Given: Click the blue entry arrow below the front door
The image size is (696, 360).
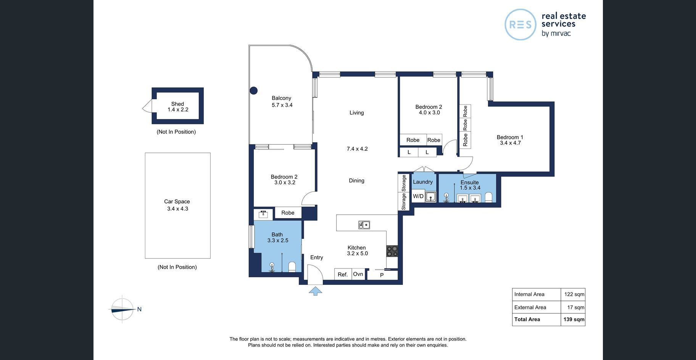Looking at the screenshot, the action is [x=315, y=291].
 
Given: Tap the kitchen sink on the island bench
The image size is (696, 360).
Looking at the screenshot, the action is [x=364, y=225].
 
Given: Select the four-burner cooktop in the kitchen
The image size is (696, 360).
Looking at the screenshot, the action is [x=392, y=251].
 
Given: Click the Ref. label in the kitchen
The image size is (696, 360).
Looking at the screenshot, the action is [x=343, y=275].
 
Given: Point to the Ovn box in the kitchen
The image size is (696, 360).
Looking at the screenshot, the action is [x=358, y=274].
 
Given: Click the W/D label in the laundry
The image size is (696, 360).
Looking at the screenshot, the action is [x=418, y=196].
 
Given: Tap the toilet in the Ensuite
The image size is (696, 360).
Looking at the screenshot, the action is [x=488, y=197].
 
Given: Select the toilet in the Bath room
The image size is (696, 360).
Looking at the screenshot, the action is [x=292, y=267].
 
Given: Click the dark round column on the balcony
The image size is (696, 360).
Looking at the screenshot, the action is [x=253, y=90].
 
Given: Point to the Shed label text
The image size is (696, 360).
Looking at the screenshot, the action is [x=177, y=104].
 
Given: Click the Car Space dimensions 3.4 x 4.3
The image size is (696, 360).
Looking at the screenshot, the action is [x=177, y=209].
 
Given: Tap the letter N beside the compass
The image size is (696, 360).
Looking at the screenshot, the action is [x=139, y=309].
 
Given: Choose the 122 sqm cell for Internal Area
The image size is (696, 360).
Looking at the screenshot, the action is [x=574, y=294].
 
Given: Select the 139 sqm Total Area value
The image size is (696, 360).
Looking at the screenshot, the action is [x=574, y=320].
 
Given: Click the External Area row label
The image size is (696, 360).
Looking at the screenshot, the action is [x=530, y=307].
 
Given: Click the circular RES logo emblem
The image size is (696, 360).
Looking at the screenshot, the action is [x=520, y=24].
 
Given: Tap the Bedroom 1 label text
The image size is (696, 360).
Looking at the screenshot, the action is [x=510, y=137].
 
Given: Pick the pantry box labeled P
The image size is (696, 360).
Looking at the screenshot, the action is [x=382, y=275].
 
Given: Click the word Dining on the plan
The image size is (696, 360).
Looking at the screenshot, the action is [x=356, y=181].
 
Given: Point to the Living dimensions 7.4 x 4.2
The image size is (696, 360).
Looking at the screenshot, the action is [x=357, y=149].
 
